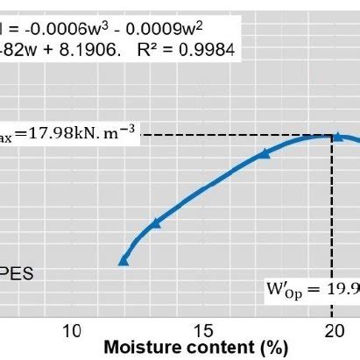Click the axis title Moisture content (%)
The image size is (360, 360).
[x=195, y=348]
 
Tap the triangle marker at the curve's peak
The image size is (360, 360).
[x=337, y=136]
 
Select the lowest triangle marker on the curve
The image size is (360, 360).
[x=124, y=260]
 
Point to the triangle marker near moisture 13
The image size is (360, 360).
[x=156, y=223]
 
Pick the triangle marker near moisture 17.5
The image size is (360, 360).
[x=265, y=154]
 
